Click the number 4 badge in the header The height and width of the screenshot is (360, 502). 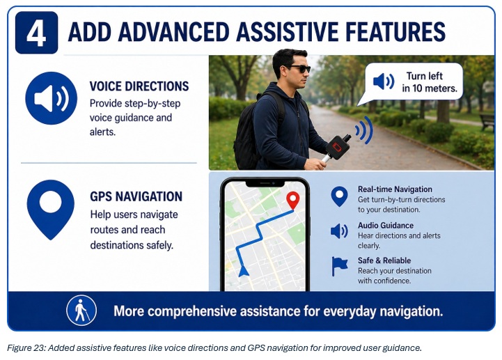(x=36, y=33)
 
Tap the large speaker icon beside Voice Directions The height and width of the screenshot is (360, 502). (x=52, y=98)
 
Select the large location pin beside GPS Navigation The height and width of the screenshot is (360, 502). (x=51, y=210)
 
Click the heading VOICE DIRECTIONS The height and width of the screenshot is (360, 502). (x=139, y=86)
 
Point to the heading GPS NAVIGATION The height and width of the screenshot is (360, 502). (x=136, y=196)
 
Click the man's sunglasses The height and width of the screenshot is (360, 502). (x=299, y=68)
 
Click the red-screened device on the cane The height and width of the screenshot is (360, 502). (x=338, y=147)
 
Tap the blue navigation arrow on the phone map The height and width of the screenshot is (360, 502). (x=243, y=271)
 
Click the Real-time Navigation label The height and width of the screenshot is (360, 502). (x=395, y=189)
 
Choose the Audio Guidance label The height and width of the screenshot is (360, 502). (x=386, y=226)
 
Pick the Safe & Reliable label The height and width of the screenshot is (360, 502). (x=384, y=260)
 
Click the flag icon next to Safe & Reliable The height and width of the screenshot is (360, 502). (x=339, y=266)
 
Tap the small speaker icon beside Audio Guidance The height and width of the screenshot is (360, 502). (x=339, y=231)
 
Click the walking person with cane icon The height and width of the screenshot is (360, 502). (x=81, y=311)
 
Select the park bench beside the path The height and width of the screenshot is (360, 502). (x=487, y=122)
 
